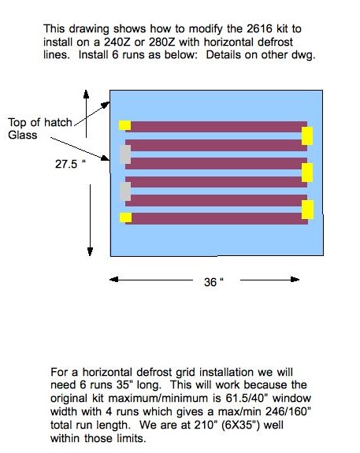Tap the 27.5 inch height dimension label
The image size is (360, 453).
point(70,164)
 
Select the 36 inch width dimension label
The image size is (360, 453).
point(213,282)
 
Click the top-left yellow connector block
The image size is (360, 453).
point(124,125)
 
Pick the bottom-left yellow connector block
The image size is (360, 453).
point(126,217)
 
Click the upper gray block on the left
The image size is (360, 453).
point(125,154)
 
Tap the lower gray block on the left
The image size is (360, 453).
point(125,191)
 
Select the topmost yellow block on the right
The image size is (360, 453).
point(307,136)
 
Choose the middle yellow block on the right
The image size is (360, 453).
point(307,173)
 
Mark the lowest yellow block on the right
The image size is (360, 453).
point(307,210)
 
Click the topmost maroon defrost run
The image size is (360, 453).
point(216,127)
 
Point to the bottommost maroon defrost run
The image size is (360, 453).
point(217,219)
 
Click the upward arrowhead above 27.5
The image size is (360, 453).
point(86,95)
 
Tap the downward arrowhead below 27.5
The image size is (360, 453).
point(90,251)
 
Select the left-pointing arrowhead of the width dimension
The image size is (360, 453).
point(114,280)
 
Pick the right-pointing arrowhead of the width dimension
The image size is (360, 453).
point(295,280)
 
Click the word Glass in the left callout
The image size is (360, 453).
point(23,135)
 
